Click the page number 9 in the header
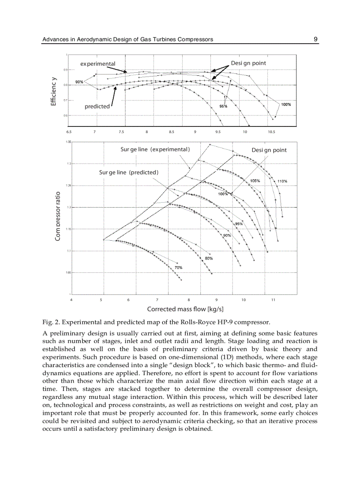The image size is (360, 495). click(x=315, y=39)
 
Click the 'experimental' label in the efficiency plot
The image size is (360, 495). click(x=97, y=64)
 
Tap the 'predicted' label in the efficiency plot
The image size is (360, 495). click(x=97, y=106)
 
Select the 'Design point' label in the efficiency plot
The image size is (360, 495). click(x=248, y=63)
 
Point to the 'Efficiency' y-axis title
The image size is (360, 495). click(x=53, y=91)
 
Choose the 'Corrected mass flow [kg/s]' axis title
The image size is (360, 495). click(x=185, y=309)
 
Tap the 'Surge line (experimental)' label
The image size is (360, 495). click(x=155, y=149)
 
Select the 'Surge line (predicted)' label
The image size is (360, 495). click(x=128, y=172)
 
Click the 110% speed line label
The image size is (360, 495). click(x=282, y=181)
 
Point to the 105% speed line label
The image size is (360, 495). click(x=255, y=181)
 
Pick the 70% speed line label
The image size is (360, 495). click(x=178, y=268)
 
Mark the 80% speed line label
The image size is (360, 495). click(x=209, y=258)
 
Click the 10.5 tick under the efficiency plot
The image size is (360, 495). click(x=271, y=132)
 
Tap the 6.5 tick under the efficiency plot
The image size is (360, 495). click(x=69, y=132)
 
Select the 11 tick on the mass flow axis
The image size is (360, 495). click(x=273, y=300)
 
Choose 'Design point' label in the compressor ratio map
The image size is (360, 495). click(x=269, y=150)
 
